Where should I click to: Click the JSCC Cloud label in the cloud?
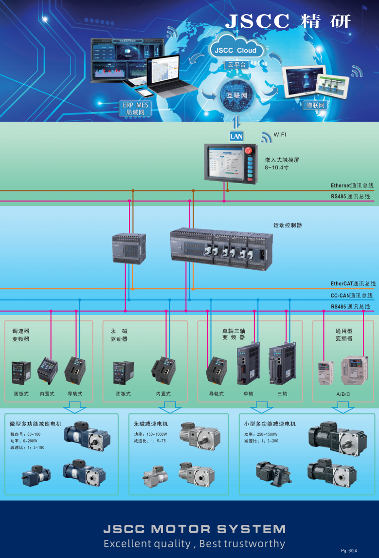pos(236,51)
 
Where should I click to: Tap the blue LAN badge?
pos(236,136)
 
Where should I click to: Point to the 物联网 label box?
pos(314,105)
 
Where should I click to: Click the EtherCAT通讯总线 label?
pos(353,283)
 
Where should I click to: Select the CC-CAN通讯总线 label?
pos(352,296)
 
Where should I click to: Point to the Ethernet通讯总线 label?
pos(352,186)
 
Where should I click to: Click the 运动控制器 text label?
pos(288,225)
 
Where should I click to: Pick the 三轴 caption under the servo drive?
pos(282,393)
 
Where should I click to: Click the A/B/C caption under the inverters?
pos(343,394)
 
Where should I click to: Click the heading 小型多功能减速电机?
pos(270,424)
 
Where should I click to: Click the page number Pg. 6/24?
pos(349,550)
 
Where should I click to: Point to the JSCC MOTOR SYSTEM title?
pos(195,529)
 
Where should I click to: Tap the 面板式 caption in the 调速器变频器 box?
pos(21,393)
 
